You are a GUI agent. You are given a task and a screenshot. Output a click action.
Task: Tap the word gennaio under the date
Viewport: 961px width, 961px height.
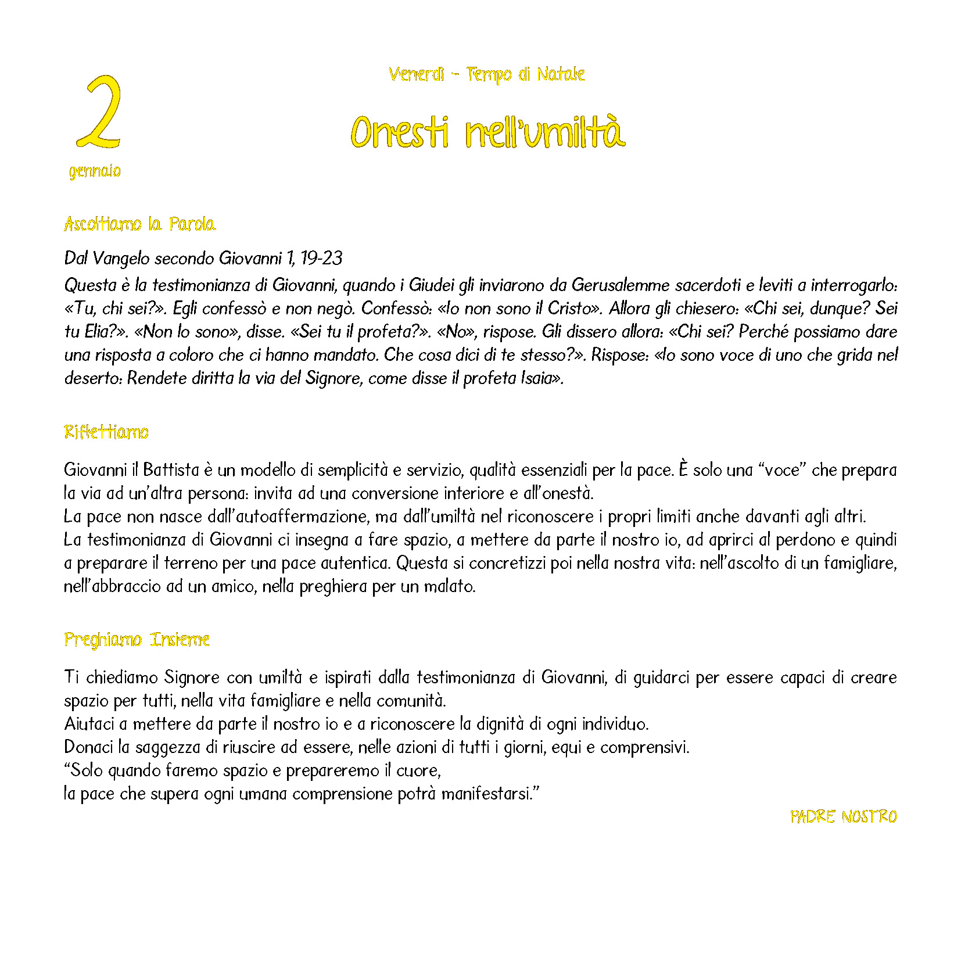click(95, 171)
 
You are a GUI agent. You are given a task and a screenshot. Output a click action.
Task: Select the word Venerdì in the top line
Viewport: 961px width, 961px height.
click(416, 74)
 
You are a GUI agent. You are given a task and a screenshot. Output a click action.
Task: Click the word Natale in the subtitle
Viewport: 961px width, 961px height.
click(561, 74)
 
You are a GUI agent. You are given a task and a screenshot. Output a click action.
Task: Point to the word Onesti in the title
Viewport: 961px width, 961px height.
click(400, 132)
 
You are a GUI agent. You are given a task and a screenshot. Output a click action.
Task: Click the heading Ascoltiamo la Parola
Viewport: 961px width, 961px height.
click(139, 224)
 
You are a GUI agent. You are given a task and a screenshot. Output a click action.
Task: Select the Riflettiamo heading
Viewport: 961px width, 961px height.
click(106, 432)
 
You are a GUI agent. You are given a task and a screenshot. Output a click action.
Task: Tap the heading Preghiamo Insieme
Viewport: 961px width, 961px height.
click(137, 640)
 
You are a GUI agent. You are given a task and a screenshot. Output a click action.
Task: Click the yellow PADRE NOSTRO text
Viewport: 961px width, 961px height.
click(843, 817)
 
